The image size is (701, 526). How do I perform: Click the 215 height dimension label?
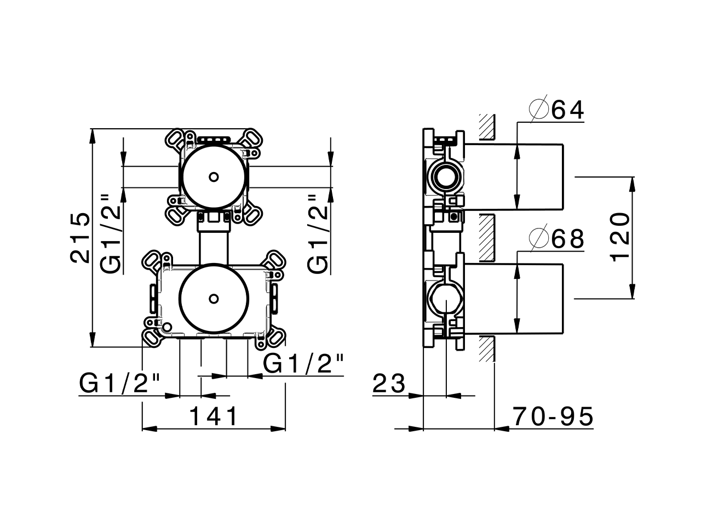(80, 237)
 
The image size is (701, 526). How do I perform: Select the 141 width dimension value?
(214, 417)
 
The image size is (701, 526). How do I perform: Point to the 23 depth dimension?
(389, 384)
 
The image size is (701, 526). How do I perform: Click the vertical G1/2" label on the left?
(112, 233)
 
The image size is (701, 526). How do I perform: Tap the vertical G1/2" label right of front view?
(318, 233)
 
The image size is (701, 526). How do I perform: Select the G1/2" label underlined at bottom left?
(121, 383)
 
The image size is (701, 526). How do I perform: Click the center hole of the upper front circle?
(214, 177)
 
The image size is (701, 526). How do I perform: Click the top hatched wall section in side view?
(486, 126)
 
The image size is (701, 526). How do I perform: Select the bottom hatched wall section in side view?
(486, 348)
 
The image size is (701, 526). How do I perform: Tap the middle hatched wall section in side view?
(486, 237)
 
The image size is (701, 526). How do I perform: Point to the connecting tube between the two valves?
(214, 245)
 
